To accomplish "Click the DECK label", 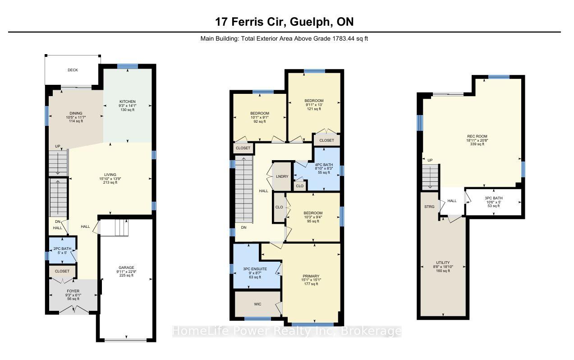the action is [73, 70].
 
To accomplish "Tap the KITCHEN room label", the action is [127, 102].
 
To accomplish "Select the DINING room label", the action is [76, 113].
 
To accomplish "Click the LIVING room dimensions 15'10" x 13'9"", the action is [110, 179].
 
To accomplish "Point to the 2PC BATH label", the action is [62, 249].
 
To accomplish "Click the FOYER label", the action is [73, 291].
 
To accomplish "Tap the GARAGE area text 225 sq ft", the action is [126, 275].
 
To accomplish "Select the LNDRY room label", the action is [282, 176].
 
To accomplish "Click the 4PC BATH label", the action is [324, 165].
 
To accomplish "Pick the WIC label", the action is [257, 304].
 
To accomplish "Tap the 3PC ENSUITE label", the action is [255, 269].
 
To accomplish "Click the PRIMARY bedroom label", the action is [311, 276].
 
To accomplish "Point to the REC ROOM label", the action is [477, 136].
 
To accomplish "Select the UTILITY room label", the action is [443, 263].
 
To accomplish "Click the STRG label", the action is [429, 207].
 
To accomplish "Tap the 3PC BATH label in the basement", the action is [494, 198].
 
